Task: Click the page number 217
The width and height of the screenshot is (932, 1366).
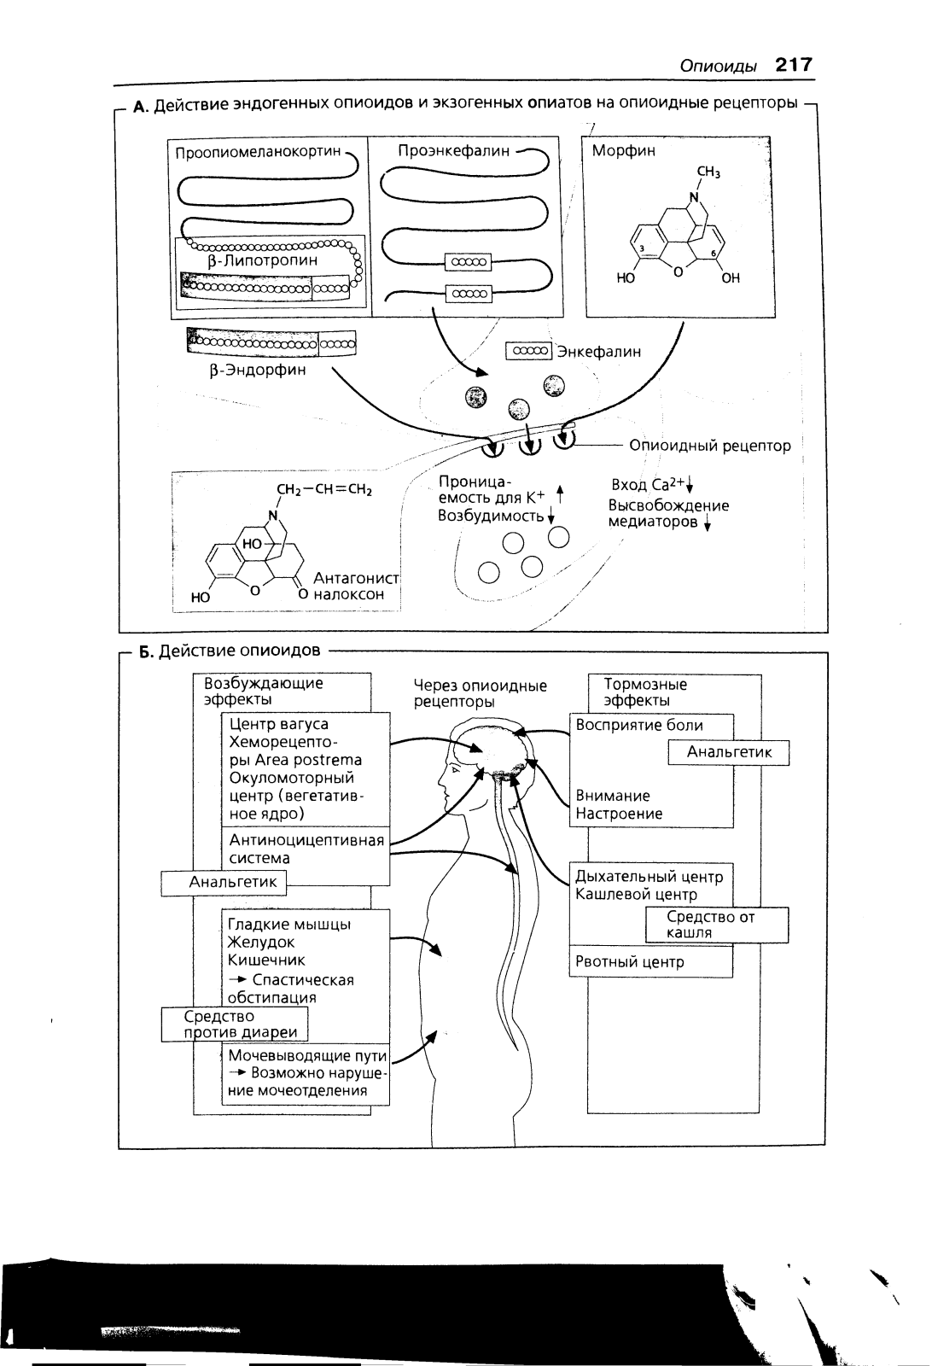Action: point(794,64)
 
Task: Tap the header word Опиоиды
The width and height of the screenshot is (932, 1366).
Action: point(718,66)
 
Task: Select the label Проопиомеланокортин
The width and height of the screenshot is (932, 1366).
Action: point(258,152)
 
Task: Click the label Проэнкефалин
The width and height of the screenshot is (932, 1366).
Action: point(453,150)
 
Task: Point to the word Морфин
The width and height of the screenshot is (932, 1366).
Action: point(624,150)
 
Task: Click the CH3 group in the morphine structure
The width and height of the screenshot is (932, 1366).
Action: point(708,172)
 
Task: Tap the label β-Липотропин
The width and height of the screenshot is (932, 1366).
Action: point(263,261)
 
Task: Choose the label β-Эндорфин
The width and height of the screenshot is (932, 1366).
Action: point(257,371)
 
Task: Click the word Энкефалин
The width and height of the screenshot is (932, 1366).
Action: point(599,352)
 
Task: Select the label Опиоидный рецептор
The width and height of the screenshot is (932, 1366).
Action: point(710,446)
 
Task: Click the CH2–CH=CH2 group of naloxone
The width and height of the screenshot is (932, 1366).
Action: point(324,490)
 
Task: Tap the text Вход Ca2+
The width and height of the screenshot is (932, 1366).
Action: point(649,484)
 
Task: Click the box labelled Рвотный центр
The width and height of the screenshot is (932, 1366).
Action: point(651,961)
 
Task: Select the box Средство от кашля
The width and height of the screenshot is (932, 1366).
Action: point(717,925)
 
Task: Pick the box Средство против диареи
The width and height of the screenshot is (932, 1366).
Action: point(235,1024)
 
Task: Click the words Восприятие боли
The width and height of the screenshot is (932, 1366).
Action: point(639,725)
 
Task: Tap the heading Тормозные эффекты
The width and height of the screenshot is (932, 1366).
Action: point(645,692)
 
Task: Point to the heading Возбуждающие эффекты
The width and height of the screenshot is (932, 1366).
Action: point(264,691)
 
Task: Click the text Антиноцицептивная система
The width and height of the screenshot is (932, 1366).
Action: point(306,849)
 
